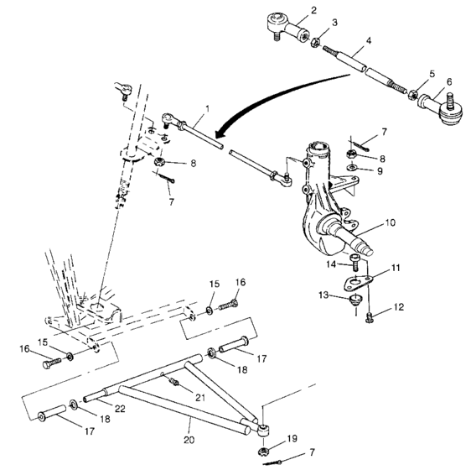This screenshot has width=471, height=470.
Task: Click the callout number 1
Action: click(207, 110)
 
